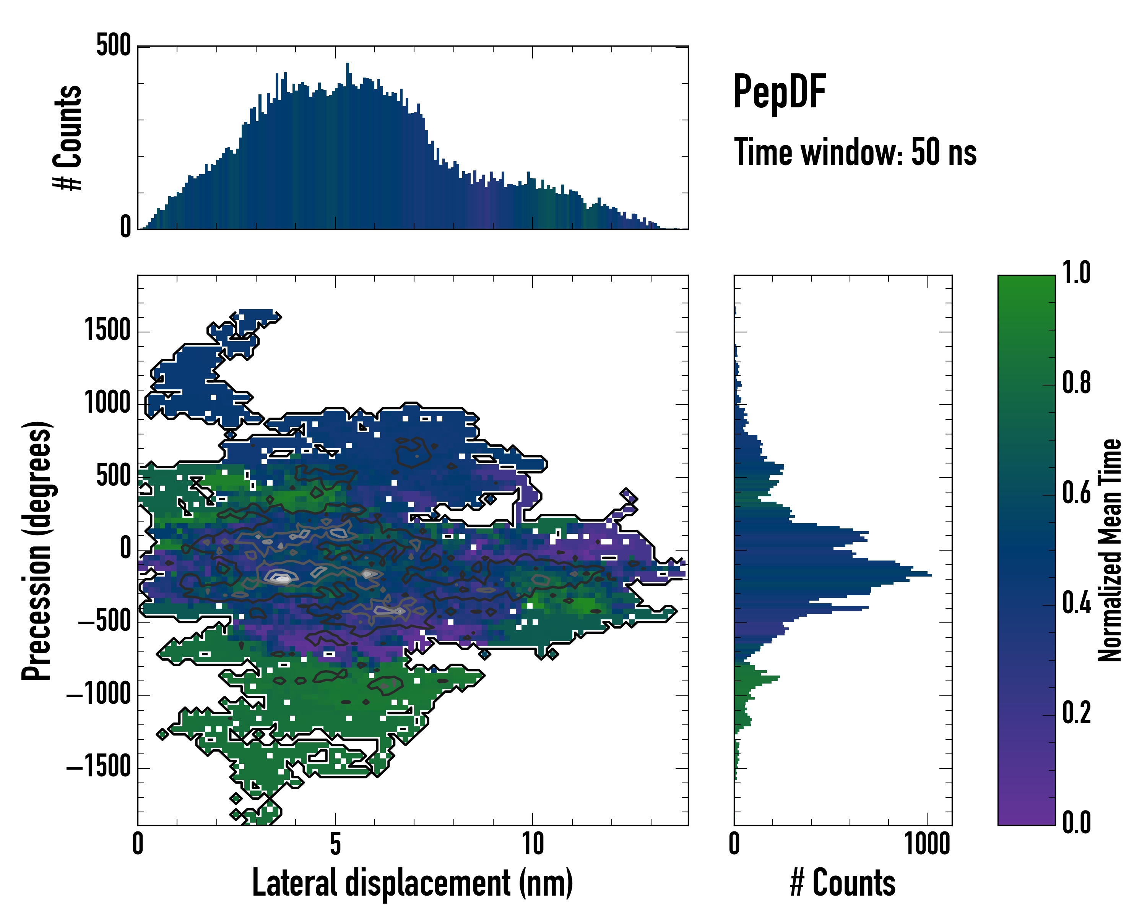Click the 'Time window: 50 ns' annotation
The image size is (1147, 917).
tap(855, 152)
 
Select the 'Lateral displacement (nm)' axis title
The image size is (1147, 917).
tap(412, 883)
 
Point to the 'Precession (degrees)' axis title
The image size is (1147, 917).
tap(37, 550)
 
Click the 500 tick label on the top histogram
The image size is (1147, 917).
tap(113, 46)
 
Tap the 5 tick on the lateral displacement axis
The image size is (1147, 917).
tap(335, 844)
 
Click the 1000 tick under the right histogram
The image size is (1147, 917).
tap(927, 844)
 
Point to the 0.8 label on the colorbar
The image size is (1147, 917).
tap(1076, 383)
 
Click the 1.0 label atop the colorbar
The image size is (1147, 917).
tap(1076, 273)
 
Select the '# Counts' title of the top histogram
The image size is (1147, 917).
tap(68, 138)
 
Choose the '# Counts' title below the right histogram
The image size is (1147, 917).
tap(843, 883)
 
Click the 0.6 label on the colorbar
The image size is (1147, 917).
tap(1076, 493)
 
